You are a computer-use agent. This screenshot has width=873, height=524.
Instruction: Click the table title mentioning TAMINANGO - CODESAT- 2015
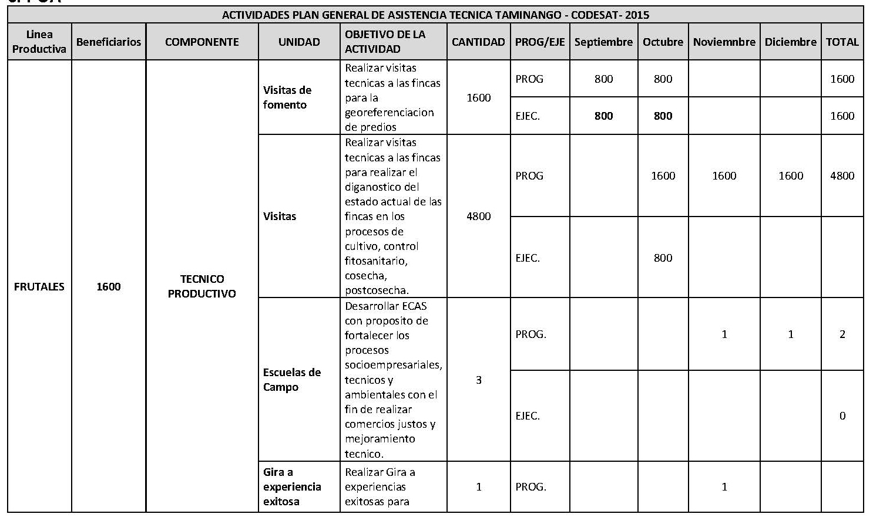[435, 15]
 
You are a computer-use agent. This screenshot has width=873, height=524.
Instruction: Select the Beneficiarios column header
[109, 42]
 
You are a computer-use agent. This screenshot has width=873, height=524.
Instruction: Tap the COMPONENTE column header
[202, 42]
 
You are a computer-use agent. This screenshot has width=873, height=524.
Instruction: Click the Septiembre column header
[603, 42]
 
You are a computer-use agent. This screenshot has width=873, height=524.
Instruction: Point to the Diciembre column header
[790, 42]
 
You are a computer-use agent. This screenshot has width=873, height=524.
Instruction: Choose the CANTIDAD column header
[478, 42]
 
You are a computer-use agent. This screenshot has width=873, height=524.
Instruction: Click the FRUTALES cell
[39, 286]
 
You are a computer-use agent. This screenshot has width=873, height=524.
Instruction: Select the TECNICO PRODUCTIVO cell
[202, 286]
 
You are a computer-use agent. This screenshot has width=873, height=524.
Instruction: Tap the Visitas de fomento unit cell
[287, 97]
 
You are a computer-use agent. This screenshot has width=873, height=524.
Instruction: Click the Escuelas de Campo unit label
[292, 380]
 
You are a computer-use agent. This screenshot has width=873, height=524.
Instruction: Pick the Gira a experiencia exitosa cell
[292, 486]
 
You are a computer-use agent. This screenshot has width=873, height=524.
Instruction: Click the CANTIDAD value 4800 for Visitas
[478, 216]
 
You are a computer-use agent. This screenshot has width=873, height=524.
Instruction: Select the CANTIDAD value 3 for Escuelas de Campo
[478, 380]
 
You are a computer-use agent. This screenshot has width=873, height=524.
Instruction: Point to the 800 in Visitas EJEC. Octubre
[663, 258]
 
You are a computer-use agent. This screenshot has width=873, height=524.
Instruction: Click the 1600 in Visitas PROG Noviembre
[724, 175]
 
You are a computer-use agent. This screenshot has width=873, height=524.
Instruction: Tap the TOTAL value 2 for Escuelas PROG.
[842, 334]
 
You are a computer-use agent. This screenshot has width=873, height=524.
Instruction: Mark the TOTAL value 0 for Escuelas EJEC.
[842, 415]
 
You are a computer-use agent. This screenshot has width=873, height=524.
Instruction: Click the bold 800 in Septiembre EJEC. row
[603, 116]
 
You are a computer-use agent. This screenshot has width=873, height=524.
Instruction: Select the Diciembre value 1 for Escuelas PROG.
[790, 334]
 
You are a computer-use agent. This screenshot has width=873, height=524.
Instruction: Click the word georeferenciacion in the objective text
[389, 112]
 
